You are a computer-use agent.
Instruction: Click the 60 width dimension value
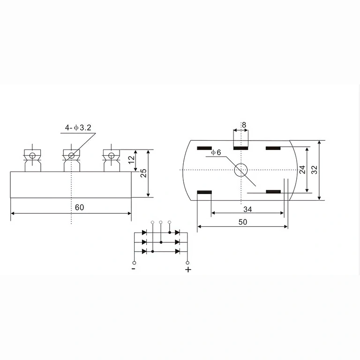pos(79,207)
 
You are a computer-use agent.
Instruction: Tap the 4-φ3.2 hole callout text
pos(78,127)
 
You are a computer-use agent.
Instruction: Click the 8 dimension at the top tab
pos(244,125)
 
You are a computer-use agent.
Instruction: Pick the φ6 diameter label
pos(216,152)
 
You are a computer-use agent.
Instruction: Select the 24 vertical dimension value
pos(302,169)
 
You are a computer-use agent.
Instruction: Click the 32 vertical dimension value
pos(315,170)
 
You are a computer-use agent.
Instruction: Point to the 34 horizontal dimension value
pos(247,209)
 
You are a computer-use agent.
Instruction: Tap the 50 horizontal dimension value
pos(242,222)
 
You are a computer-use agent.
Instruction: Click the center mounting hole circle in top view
pos(241,170)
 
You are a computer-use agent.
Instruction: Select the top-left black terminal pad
pos(204,149)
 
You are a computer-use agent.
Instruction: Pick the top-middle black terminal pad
pos(240,149)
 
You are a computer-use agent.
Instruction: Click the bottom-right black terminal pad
pos(273,192)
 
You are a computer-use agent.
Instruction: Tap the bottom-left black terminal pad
pos(204,192)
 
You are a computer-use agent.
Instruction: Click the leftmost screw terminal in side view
pos(32,158)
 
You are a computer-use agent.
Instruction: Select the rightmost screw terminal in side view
pos(111,158)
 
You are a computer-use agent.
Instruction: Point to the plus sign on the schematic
pos(188,270)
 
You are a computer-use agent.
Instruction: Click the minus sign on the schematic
pos(134,269)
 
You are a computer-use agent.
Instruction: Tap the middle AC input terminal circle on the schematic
pos(161,222)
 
